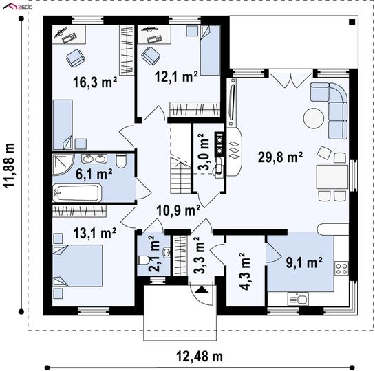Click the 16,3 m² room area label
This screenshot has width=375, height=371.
pyautogui.click(x=95, y=82)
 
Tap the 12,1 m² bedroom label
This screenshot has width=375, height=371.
pyautogui.click(x=176, y=77)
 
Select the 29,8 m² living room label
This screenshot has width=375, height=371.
pyautogui.click(x=280, y=157)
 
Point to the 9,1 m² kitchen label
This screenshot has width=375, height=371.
pyautogui.click(x=304, y=262)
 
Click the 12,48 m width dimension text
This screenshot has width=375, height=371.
pyautogui.click(x=200, y=357)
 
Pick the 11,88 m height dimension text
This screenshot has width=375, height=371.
pyautogui.click(x=10, y=166)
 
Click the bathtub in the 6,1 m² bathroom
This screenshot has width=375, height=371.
pyautogui.click(x=77, y=193)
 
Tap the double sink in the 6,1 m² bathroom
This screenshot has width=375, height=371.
pyautogui.click(x=94, y=159)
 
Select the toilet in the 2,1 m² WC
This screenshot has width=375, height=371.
pyautogui.click(x=144, y=260)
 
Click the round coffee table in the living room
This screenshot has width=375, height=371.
pyautogui.click(x=314, y=119)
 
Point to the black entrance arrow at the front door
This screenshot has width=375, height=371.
pyautogui.click(x=202, y=290)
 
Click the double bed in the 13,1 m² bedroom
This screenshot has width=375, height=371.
pyautogui.click(x=78, y=265)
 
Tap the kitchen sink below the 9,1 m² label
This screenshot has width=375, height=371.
pyautogui.click(x=298, y=299)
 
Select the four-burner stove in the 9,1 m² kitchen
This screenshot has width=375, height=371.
pyautogui.click(x=341, y=269)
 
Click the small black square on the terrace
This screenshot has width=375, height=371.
pyautogui.click(x=352, y=22)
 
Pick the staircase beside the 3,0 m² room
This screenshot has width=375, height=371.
pyautogui.click(x=181, y=175)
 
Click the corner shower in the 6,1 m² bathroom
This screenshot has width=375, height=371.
pyautogui.click(x=63, y=164)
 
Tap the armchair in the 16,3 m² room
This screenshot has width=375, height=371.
pyautogui.click(x=75, y=58)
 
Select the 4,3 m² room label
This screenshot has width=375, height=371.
pyautogui.click(x=245, y=271)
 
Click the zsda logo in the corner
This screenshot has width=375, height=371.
pyautogui.click(x=18, y=7)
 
